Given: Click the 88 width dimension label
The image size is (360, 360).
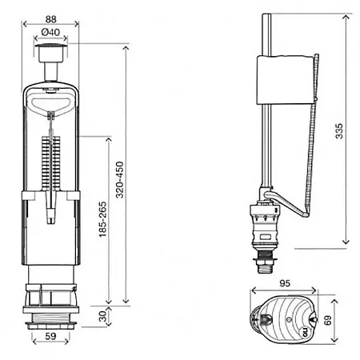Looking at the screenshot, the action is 50,19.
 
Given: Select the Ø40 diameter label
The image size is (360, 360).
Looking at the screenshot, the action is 50,32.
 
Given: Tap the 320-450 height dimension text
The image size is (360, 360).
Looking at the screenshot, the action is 120,180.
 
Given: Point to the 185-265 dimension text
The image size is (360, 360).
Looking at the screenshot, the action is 102,219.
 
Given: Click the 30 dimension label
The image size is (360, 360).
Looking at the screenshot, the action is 102,316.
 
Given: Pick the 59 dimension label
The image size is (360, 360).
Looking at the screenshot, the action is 50,336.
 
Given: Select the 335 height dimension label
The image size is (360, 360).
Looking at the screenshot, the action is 339,131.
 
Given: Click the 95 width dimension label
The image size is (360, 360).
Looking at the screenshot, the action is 285,283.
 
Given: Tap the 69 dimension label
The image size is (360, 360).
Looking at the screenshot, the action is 328,320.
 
